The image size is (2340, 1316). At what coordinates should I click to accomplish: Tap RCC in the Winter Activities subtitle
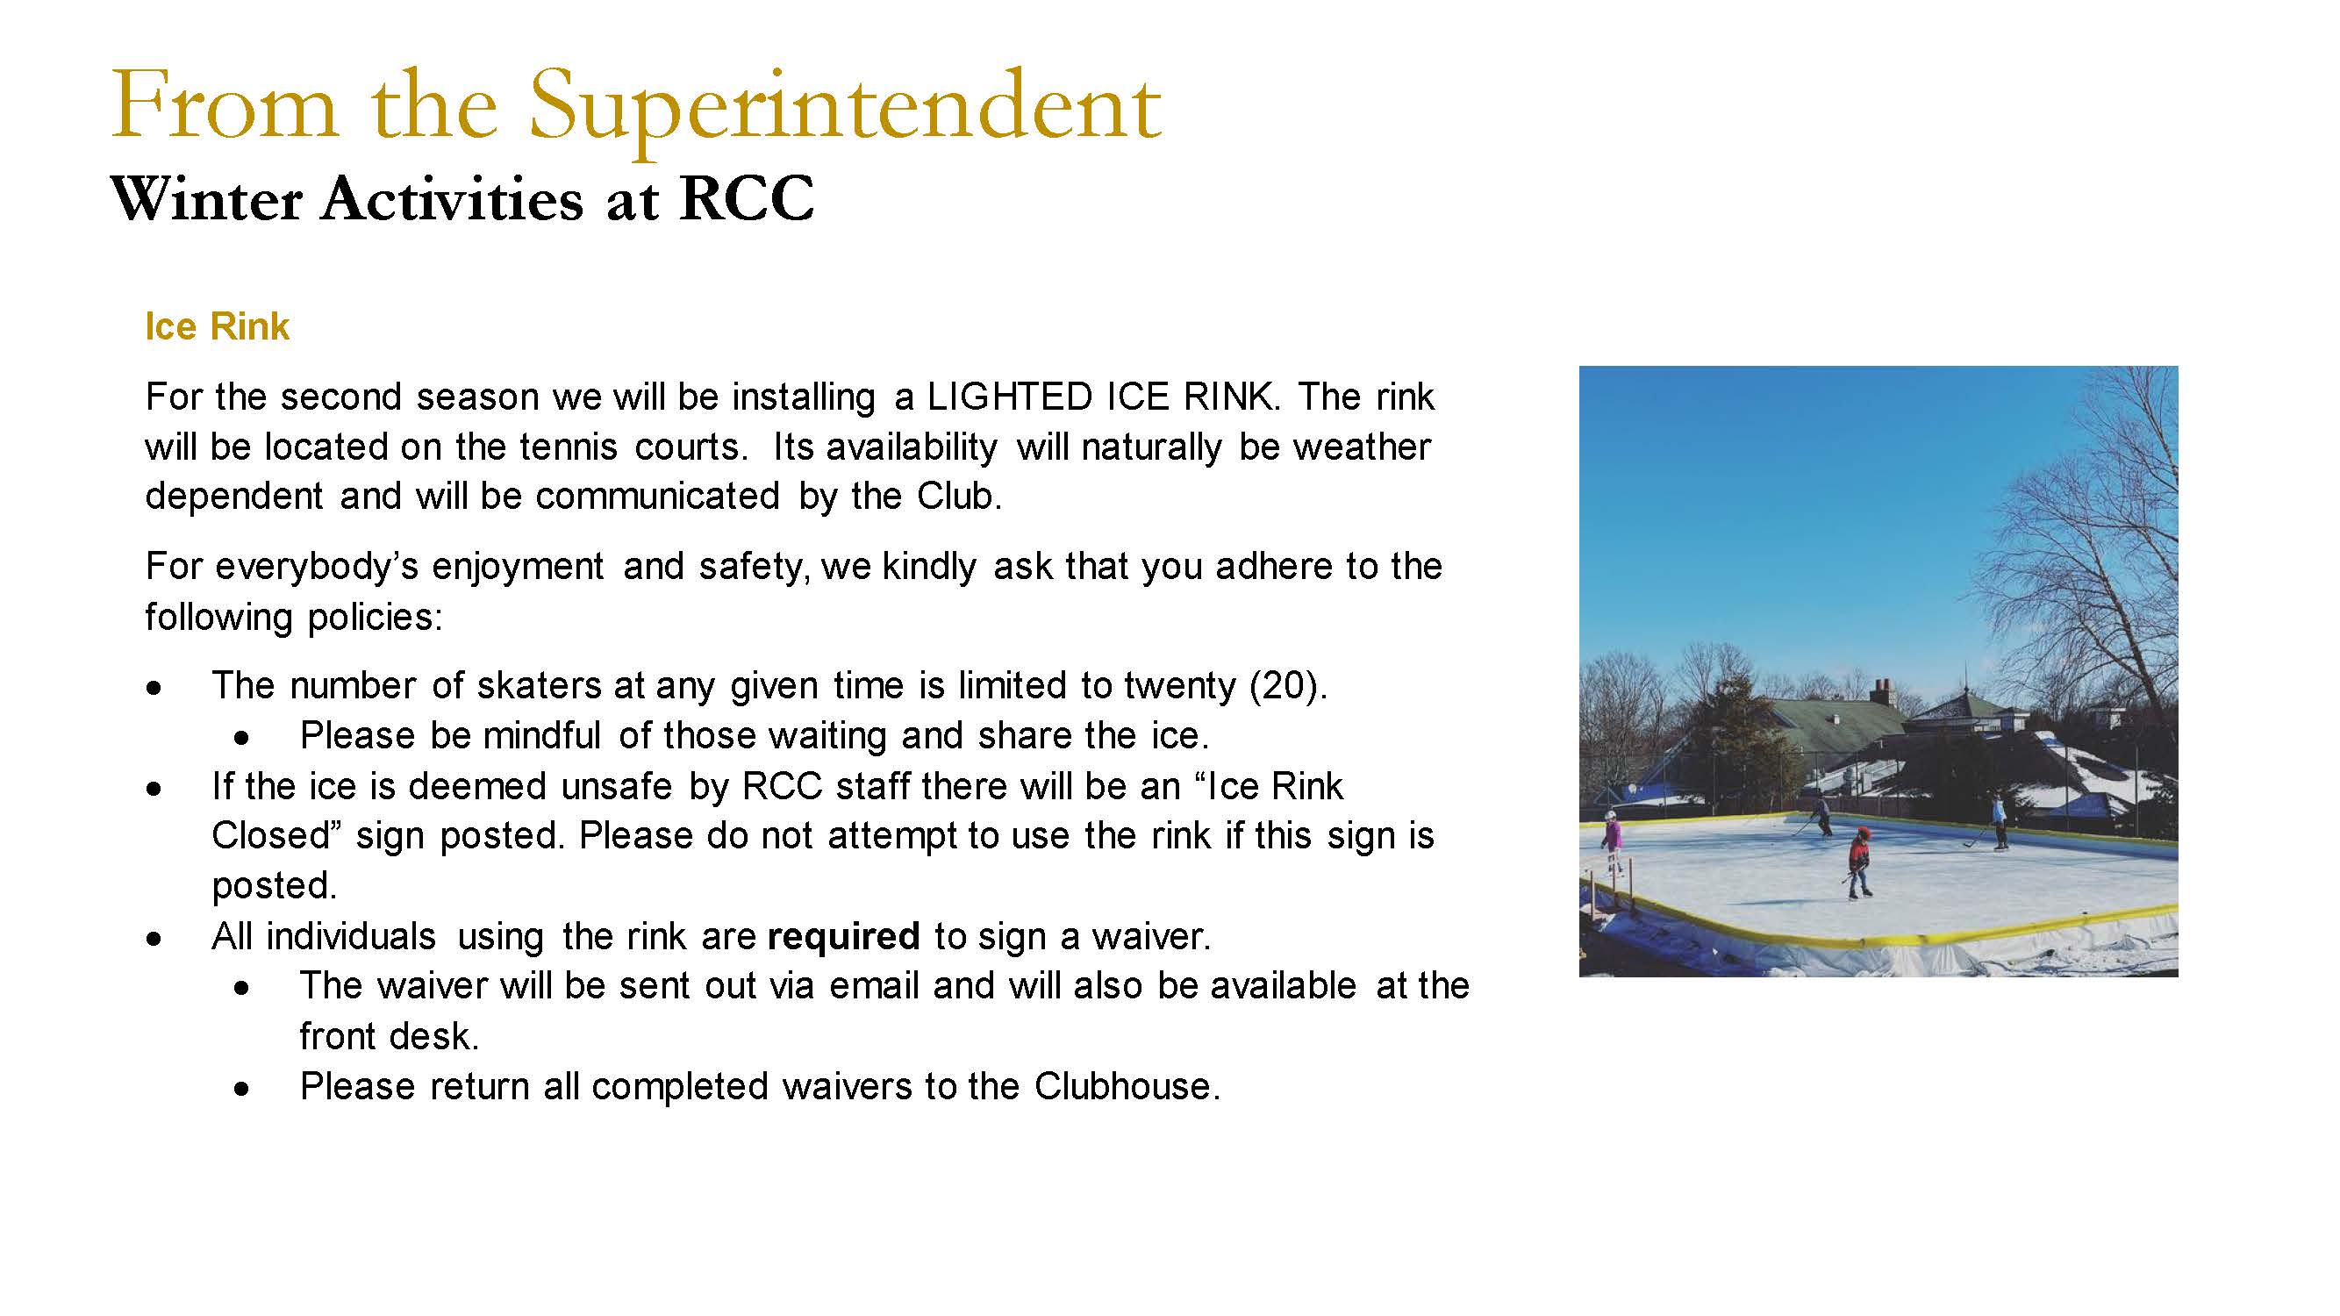[x=747, y=198]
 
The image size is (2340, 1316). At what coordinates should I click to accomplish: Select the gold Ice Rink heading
[x=217, y=327]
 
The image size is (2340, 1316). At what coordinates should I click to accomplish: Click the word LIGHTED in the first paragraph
[x=1008, y=397]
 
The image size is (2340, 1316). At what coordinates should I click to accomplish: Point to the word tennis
[x=568, y=447]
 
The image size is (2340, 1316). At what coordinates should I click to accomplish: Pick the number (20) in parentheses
[x=1289, y=686]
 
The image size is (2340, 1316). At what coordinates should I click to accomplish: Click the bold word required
[x=843, y=937]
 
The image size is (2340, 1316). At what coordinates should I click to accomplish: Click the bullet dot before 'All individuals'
[x=154, y=939]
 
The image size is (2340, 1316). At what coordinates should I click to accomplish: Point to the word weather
[x=1362, y=447]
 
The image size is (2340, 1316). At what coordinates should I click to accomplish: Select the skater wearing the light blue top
[x=1998, y=821]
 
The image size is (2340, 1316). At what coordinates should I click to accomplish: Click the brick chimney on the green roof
[x=1880, y=692]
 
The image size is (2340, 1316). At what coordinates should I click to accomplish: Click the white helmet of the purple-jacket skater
[x=1612, y=816]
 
